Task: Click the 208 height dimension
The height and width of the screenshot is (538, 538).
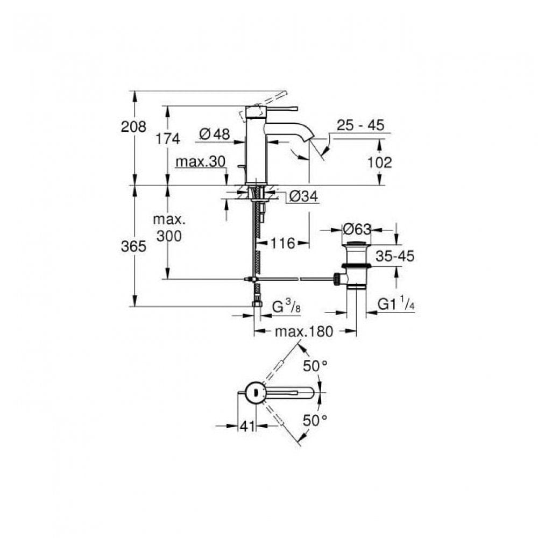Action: tap(133, 126)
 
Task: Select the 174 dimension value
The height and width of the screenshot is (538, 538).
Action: tap(168, 139)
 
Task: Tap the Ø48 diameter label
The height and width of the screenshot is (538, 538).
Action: tap(215, 134)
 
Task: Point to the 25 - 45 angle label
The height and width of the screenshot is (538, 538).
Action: tap(360, 125)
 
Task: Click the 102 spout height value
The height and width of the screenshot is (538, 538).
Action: tap(379, 162)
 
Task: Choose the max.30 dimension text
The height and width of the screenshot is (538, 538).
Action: tap(201, 161)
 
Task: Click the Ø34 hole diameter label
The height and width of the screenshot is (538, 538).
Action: tap(303, 196)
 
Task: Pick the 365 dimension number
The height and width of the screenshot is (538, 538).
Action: tap(133, 246)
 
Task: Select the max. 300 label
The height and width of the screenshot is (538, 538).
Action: tap(169, 228)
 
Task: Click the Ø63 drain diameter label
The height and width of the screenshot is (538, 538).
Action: tap(357, 229)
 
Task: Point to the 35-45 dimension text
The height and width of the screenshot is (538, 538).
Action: tap(395, 256)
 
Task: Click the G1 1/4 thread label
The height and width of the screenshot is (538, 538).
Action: tap(396, 304)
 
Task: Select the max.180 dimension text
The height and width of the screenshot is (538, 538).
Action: tap(304, 331)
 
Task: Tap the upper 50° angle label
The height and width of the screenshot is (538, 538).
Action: tap(315, 366)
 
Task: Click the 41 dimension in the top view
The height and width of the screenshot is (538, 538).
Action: tap(247, 426)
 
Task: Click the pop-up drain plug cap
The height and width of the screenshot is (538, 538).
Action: tap(357, 244)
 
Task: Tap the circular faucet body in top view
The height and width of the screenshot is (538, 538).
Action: tap(254, 392)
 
